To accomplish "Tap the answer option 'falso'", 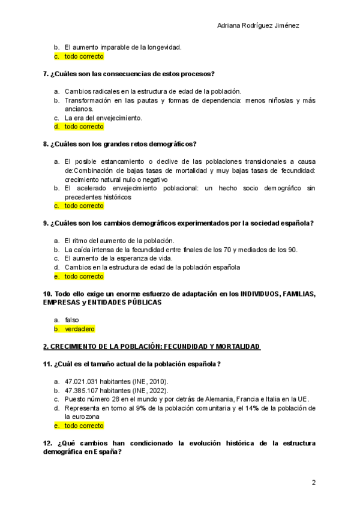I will point(72,320).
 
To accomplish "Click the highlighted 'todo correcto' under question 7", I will point(84,127).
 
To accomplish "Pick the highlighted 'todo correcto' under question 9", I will point(84,277).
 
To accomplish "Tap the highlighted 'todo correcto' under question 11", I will point(84,426).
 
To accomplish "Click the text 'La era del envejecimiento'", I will point(103,118).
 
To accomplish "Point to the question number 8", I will point(46,144).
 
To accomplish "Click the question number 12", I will point(47,443).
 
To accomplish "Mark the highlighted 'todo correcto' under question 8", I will point(84,206).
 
